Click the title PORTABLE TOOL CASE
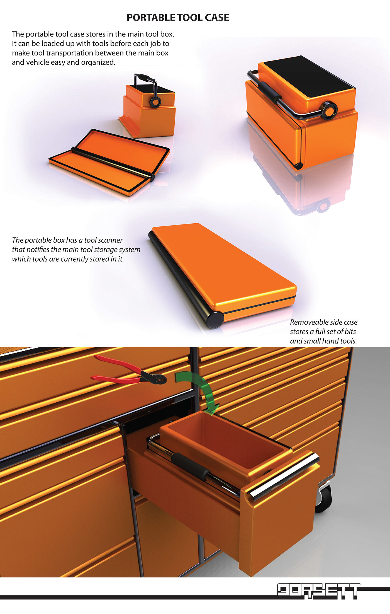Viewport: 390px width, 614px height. coord(178,18)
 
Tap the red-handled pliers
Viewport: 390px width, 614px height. coord(129,370)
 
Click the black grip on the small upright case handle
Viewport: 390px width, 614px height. coord(145,77)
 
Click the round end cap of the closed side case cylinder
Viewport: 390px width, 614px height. coord(215,320)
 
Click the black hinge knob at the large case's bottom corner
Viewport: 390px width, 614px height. coord(298,166)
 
